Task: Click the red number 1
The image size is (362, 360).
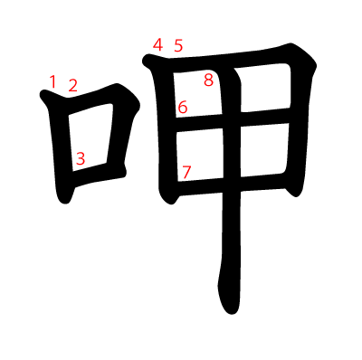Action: (x=52, y=82)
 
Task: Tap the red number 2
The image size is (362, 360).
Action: (x=72, y=85)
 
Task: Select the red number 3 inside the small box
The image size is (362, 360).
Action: (x=81, y=158)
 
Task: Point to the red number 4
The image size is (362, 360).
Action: (x=157, y=45)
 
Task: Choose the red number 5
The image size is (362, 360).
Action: (x=178, y=46)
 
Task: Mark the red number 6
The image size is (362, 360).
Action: (x=183, y=108)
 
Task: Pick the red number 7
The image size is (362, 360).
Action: (x=186, y=172)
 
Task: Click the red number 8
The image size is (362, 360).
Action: (x=209, y=81)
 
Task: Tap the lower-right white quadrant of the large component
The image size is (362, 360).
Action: (x=263, y=149)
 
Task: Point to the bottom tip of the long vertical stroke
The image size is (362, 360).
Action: (x=232, y=314)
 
